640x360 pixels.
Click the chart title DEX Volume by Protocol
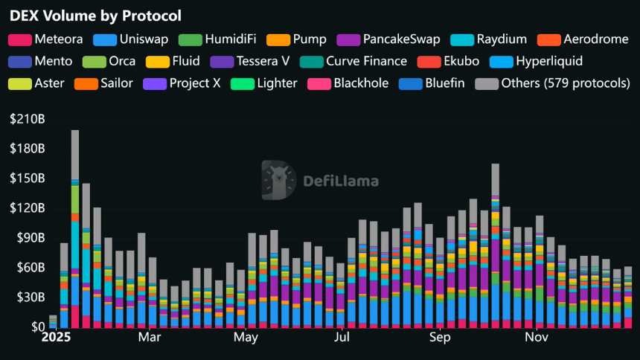pyautogui.click(x=97, y=15)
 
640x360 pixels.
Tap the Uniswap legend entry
pyautogui.click(x=138, y=39)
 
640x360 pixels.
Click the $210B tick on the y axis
pyautogui.click(x=27, y=119)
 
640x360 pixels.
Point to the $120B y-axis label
pyautogui.click(x=27, y=208)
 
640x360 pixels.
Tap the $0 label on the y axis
pyautogui.click(x=36, y=327)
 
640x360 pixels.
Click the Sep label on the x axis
pyautogui.click(x=440, y=338)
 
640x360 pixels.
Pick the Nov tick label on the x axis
pyautogui.click(x=537, y=338)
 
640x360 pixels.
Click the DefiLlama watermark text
pyautogui.click(x=340, y=181)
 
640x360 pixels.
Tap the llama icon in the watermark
pyautogui.click(x=280, y=179)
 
